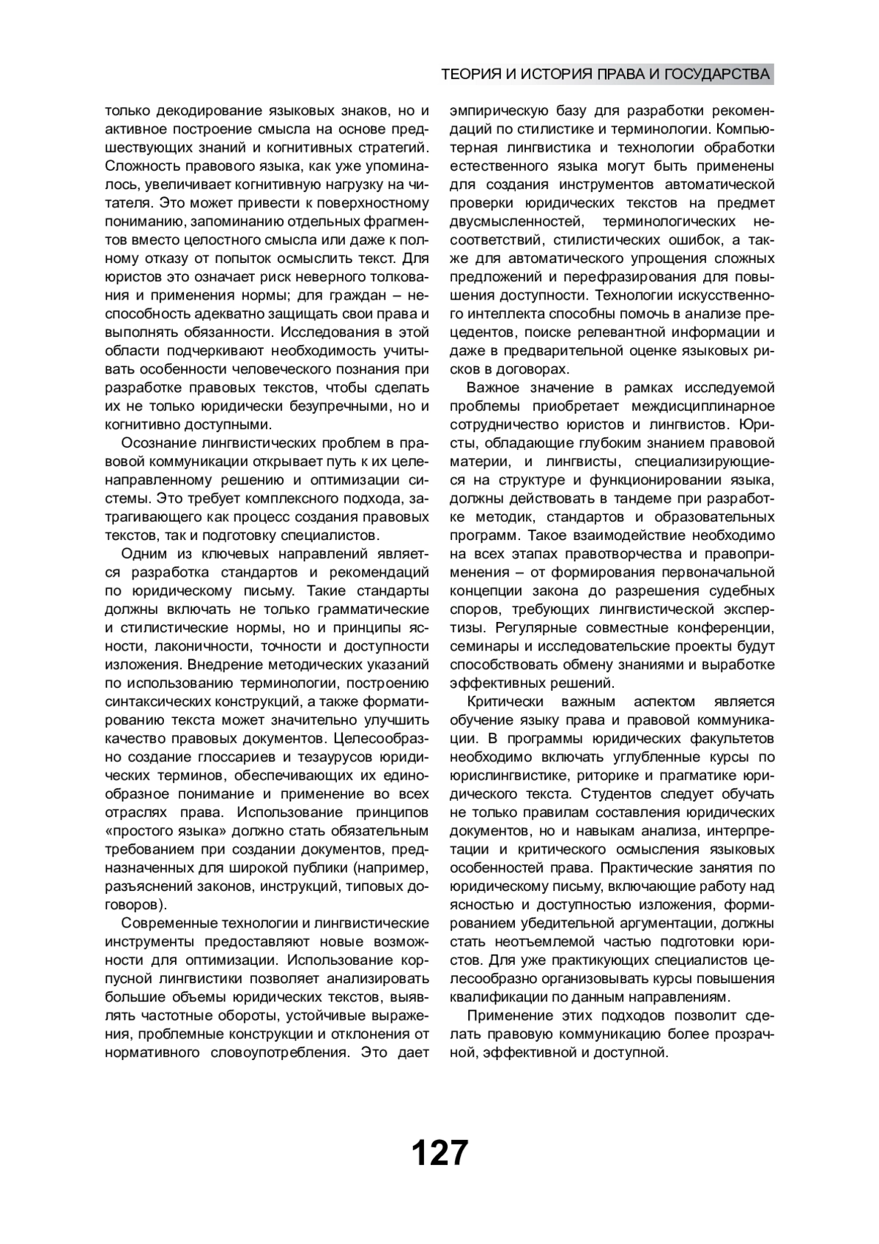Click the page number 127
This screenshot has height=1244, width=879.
click(x=439, y=1152)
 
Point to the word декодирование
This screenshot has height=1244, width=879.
click(x=201, y=111)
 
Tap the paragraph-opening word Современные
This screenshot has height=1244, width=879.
click(x=174, y=922)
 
